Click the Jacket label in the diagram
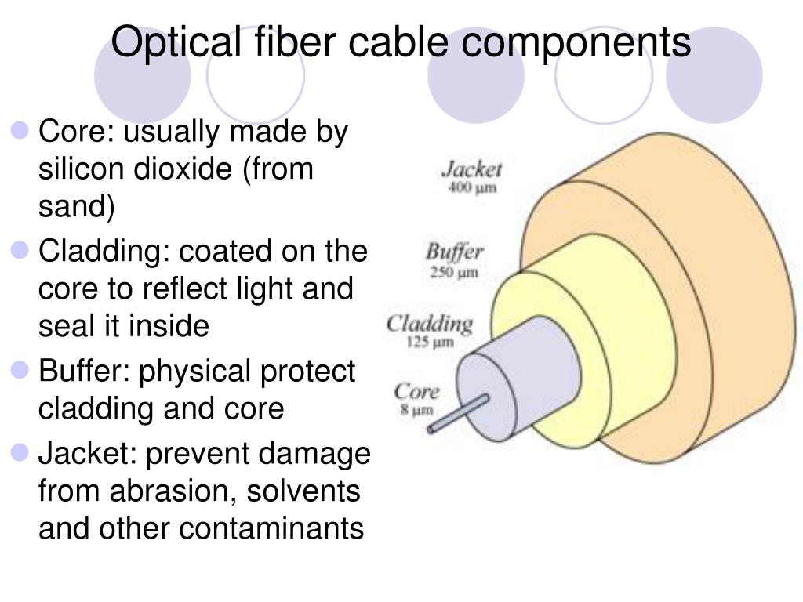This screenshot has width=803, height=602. pyautogui.click(x=471, y=169)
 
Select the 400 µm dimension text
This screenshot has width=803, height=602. pyautogui.click(x=473, y=188)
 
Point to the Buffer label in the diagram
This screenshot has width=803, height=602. pyautogui.click(x=454, y=253)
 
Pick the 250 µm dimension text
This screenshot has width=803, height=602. pyautogui.click(x=454, y=273)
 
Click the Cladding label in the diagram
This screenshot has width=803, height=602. pyautogui.click(x=431, y=323)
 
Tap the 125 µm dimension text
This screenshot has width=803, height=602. pyautogui.click(x=431, y=343)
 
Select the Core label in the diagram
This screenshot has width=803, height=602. pyautogui.click(x=416, y=391)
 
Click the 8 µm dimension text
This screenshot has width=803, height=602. pyautogui.click(x=416, y=409)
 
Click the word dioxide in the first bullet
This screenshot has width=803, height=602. pyautogui.click(x=184, y=169)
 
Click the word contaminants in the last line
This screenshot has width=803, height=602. pyautogui.click(x=271, y=529)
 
